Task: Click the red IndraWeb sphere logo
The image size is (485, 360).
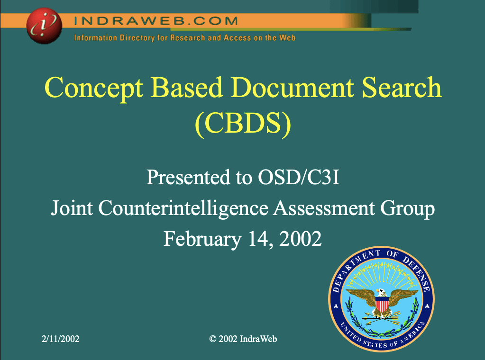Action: pos(44,26)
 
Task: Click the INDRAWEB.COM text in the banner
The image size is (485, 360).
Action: pos(156,21)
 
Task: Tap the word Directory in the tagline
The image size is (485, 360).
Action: pos(137,38)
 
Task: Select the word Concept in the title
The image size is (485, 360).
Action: pos(94,88)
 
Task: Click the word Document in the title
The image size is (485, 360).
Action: pos(293,87)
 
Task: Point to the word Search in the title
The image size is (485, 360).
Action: pos(402,87)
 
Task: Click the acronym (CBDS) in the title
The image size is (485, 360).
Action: pos(243,123)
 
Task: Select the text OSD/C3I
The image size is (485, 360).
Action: pos(299,177)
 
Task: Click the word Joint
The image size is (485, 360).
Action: pos(72,207)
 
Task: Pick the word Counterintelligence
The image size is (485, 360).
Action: pos(183,208)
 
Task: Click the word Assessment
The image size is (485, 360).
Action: pos(324,207)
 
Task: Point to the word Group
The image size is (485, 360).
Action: pos(407,208)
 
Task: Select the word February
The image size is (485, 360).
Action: pos(202,239)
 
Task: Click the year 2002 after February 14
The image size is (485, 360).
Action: pos(301,239)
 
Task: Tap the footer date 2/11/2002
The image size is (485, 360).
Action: pos(61,339)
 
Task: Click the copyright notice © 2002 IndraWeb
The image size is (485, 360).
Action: pos(243,339)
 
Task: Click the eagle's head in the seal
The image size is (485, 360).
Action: pos(381,292)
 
